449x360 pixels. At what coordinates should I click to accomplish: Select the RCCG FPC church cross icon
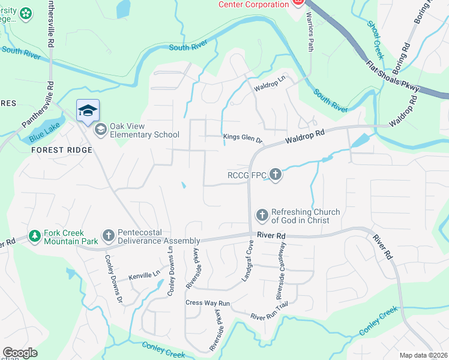point(276,175)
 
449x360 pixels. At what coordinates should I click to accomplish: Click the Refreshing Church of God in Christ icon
point(262,215)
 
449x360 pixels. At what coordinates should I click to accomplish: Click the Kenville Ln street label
point(144,275)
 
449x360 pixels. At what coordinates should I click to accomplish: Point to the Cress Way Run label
point(208,303)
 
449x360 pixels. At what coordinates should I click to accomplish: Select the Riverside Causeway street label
point(281,271)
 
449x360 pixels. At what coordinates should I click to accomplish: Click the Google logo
point(20,353)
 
